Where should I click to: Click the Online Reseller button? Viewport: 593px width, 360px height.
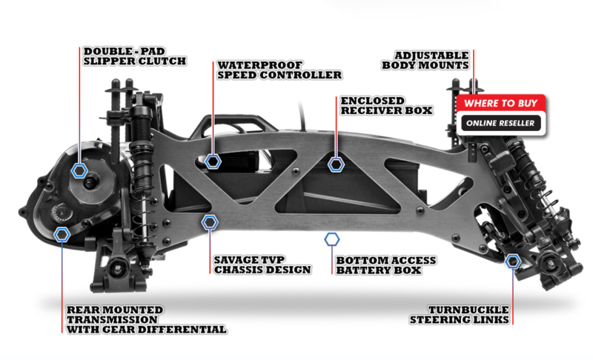(x=501, y=123)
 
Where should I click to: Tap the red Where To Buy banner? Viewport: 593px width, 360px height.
(x=501, y=103)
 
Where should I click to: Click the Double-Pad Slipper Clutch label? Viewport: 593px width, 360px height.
(x=135, y=56)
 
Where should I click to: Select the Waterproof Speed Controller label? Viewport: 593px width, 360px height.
(x=279, y=70)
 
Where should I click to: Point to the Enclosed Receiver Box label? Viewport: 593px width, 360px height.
(x=386, y=106)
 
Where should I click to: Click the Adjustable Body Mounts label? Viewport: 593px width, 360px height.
(x=425, y=61)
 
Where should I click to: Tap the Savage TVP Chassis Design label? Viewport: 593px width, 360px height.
(x=262, y=264)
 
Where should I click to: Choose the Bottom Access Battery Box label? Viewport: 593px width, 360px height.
(x=385, y=265)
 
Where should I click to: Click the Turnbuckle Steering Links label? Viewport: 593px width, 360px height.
(x=460, y=315)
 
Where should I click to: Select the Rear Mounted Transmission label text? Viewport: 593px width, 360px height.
(x=146, y=319)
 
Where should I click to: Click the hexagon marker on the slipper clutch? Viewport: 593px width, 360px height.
(x=79, y=171)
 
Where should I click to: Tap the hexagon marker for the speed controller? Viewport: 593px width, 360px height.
(x=213, y=161)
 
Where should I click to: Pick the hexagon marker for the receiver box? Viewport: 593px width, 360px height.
(x=336, y=164)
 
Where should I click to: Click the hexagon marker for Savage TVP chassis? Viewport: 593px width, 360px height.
(x=210, y=222)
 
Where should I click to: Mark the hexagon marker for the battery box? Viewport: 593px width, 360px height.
(x=331, y=239)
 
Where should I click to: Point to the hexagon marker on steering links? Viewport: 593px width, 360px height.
(x=513, y=261)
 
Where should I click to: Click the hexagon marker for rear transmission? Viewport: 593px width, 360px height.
(x=62, y=235)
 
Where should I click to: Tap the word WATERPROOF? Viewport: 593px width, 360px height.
(x=260, y=65)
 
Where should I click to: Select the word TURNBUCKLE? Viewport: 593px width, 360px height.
(x=468, y=310)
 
